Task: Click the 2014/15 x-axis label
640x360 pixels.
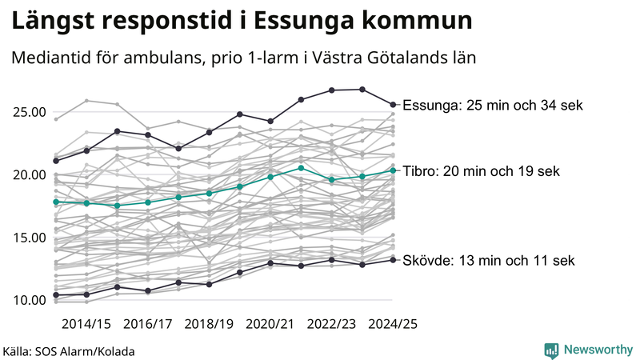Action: (x=86, y=324)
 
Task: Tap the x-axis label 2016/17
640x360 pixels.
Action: (x=148, y=324)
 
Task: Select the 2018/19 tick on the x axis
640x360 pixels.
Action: (x=210, y=324)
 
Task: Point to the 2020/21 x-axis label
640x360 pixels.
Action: (x=271, y=324)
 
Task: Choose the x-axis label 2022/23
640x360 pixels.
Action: (x=332, y=324)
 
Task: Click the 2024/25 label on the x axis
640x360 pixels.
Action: (x=393, y=324)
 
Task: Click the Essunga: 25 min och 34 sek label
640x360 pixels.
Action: (x=494, y=106)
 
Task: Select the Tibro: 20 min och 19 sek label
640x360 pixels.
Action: (x=482, y=171)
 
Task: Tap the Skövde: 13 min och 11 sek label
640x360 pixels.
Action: (x=489, y=261)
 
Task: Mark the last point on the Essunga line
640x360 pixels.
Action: (x=393, y=104)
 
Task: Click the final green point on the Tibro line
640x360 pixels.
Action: (x=393, y=170)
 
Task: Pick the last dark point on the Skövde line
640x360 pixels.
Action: (x=393, y=259)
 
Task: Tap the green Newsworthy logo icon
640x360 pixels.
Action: (x=551, y=350)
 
